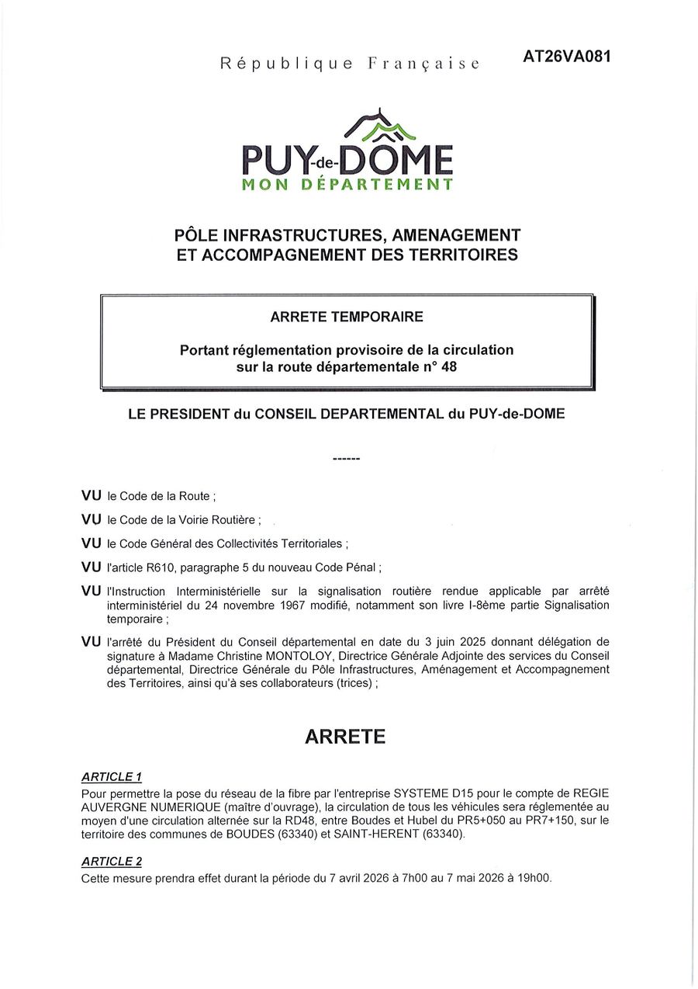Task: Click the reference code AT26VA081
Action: click(x=562, y=57)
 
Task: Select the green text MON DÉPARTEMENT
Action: click(x=347, y=185)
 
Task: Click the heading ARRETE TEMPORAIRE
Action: click(x=347, y=317)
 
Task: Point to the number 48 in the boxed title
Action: click(x=449, y=366)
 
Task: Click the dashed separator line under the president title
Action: click(x=346, y=460)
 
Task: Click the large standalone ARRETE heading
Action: click(x=345, y=737)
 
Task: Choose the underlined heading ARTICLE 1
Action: click(x=112, y=777)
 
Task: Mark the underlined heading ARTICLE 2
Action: click(x=112, y=862)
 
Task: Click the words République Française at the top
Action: click(x=350, y=64)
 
